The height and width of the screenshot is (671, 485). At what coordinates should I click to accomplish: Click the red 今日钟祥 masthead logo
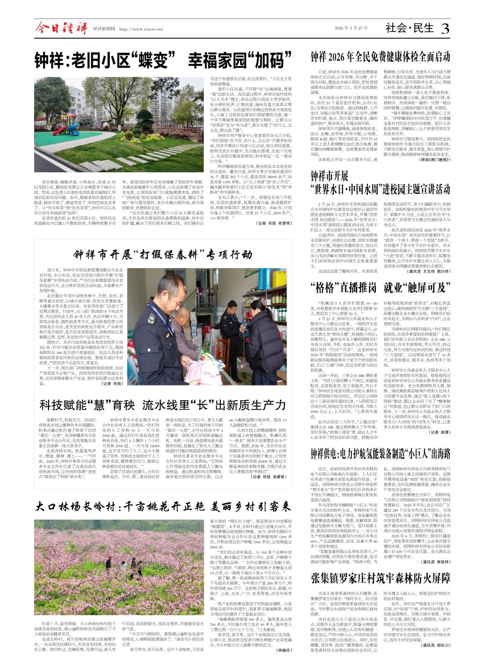click(x=61, y=29)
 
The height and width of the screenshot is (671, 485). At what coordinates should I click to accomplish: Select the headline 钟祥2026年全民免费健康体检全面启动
click(x=380, y=57)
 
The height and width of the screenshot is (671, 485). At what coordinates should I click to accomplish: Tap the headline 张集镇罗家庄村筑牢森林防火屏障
click(x=380, y=578)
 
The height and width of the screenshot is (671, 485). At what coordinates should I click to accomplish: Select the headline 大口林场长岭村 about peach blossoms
click(x=163, y=507)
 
